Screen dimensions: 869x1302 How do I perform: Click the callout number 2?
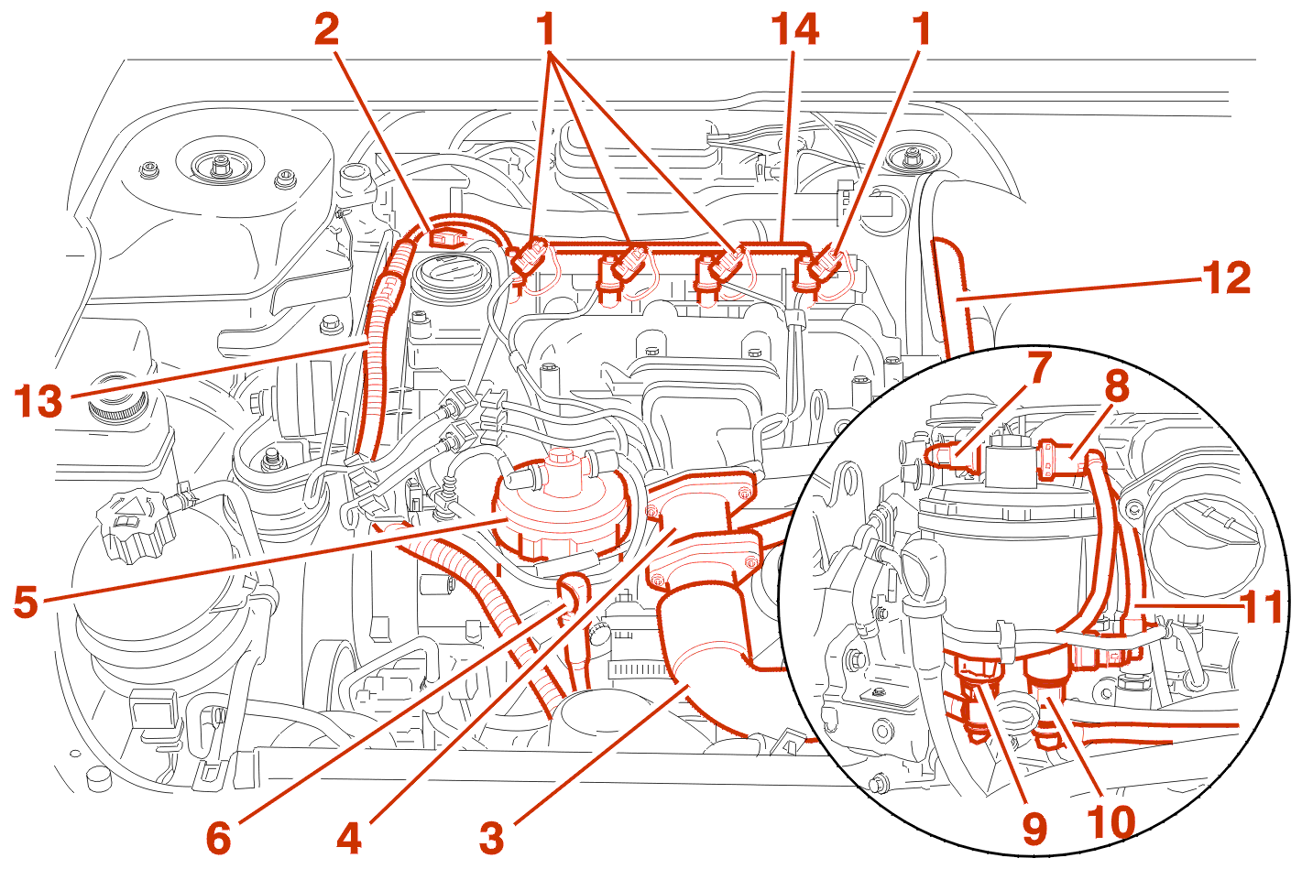pyautogui.click(x=326, y=29)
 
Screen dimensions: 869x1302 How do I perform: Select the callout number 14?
pyautogui.click(x=794, y=29)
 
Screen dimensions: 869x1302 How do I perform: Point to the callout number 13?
pyautogui.click(x=38, y=401)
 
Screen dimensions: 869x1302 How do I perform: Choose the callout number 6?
pyautogui.click(x=218, y=837)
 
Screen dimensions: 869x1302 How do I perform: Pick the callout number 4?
pyautogui.click(x=349, y=837)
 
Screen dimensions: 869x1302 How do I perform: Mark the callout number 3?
pyautogui.click(x=492, y=837)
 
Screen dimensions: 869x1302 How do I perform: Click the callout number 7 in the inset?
pyautogui.click(x=1038, y=368)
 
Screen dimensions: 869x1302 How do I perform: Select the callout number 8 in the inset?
pyautogui.click(x=1116, y=386)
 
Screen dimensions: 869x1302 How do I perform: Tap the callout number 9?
pyautogui.click(x=1035, y=830)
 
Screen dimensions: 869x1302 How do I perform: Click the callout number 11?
pyautogui.click(x=1262, y=606)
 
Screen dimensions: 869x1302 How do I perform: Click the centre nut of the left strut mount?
pyautogui.click(x=220, y=166)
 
